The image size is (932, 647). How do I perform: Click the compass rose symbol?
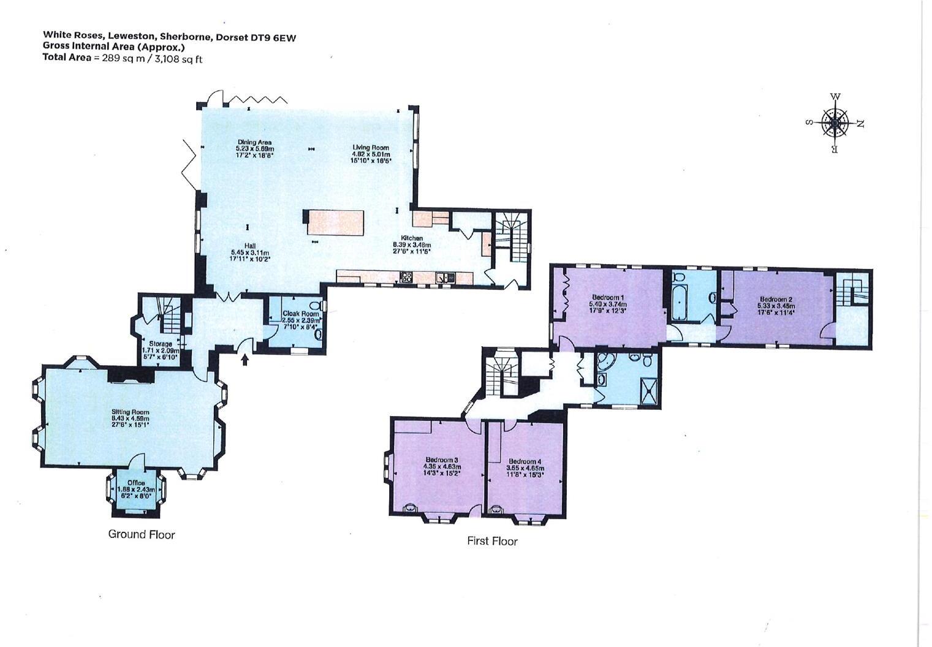click(835, 123)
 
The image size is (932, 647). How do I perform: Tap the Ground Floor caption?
click(142, 534)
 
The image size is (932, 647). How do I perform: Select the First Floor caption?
click(492, 541)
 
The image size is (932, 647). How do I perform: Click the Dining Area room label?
click(254, 143)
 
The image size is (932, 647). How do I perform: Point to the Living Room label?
click(370, 148)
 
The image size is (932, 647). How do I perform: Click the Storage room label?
click(160, 344)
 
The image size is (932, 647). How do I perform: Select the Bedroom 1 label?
click(606, 297)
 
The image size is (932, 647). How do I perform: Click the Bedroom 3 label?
click(441, 460)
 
